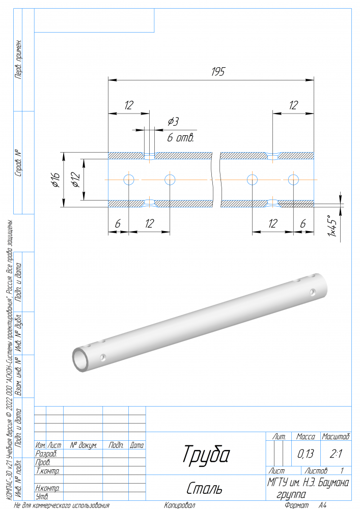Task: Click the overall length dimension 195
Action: pos(218,71)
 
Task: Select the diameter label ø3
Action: pos(173,122)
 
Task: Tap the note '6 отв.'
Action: pos(180,137)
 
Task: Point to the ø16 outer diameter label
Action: pos(56,180)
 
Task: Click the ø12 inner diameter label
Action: pos(75,180)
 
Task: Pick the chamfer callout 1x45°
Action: pos(332,225)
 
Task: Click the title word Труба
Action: pos(206,455)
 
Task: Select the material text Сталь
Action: pos(204,488)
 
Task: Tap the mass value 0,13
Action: pos(306,454)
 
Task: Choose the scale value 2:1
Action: pos(336,454)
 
